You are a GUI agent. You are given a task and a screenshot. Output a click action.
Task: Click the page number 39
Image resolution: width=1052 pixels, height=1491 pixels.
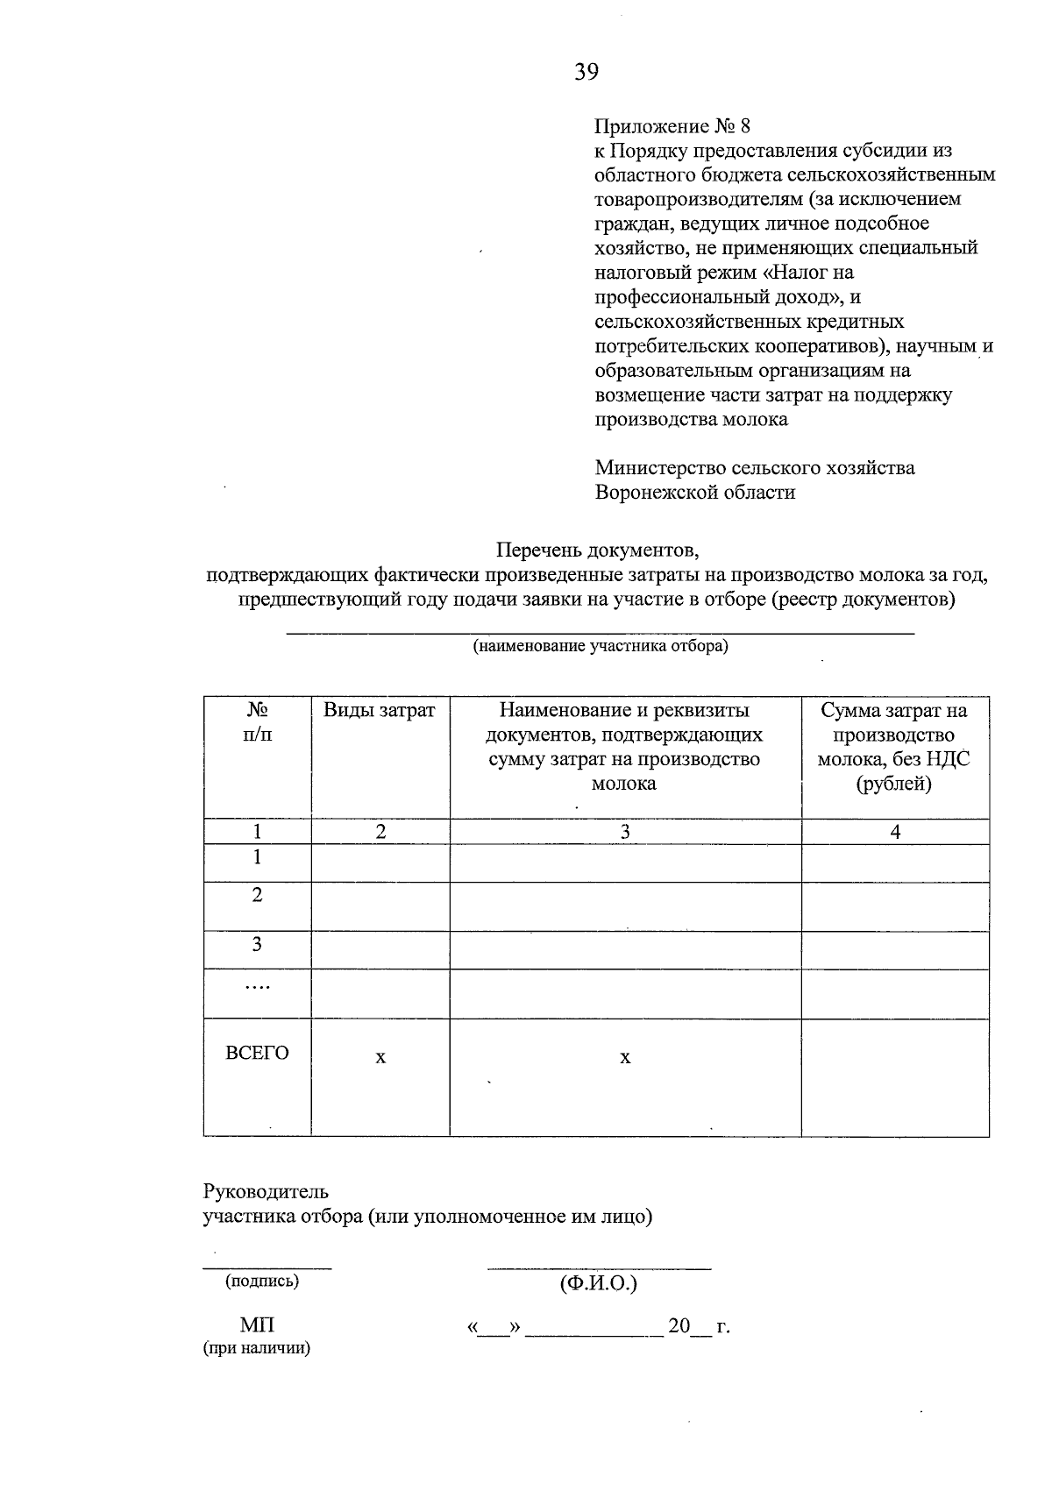pos(586,72)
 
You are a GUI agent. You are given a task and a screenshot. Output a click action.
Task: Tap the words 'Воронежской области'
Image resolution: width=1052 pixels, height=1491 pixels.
pos(695,492)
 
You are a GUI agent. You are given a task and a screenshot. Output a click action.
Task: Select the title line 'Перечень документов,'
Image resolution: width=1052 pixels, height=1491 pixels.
pos(598,550)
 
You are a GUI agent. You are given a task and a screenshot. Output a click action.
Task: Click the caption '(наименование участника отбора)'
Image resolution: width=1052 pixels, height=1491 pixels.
pos(601,647)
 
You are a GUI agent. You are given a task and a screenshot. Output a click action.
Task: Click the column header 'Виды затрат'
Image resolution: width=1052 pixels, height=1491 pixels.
pos(380,710)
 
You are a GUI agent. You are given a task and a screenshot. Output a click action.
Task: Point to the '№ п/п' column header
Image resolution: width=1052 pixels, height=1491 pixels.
pos(257,721)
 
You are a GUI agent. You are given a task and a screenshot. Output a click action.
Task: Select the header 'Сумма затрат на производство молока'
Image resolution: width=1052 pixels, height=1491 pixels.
pos(894,746)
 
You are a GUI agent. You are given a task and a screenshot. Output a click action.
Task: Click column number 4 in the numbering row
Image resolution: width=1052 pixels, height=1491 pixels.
pos(895,832)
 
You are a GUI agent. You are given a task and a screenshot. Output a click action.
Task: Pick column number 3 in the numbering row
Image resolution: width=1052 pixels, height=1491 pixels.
pos(625,832)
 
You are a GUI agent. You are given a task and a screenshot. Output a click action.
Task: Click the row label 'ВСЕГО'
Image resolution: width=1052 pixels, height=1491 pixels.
pos(257,1053)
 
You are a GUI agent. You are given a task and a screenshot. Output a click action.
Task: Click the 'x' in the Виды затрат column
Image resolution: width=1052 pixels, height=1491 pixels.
pos(380,1058)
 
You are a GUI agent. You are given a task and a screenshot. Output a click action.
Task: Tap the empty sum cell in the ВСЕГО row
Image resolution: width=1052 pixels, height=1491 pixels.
pos(895,1076)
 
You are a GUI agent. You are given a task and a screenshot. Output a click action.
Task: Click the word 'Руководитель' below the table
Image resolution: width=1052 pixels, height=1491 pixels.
pos(266,1191)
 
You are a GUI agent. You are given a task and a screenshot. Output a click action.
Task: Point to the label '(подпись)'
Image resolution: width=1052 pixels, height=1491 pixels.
pos(262,1281)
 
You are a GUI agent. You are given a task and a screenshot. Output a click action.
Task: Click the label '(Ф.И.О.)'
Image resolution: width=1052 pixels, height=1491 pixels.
pos(598,1284)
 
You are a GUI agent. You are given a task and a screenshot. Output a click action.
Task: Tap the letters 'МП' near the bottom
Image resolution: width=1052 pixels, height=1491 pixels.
pos(257,1325)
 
